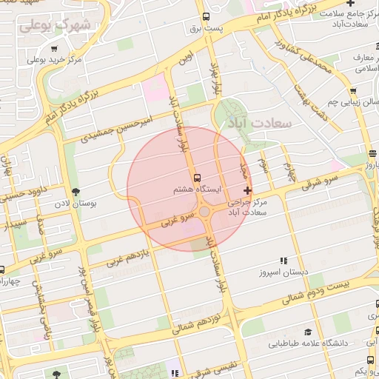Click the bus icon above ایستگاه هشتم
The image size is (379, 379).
(197, 178)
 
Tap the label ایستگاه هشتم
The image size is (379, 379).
(197, 190)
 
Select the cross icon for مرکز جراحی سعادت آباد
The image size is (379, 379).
(247, 191)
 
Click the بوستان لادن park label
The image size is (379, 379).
(72, 202)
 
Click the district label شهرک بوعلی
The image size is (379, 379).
(55, 26)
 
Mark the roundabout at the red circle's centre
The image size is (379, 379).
(204, 212)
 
